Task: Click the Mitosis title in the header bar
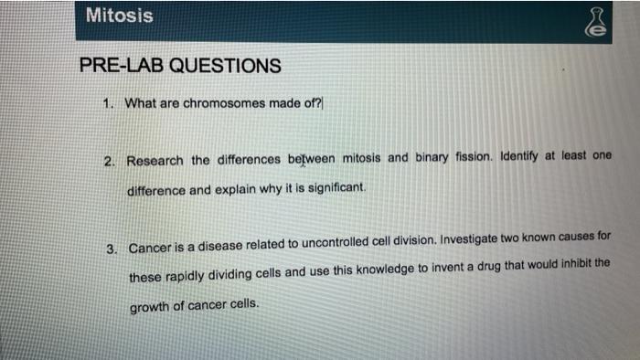click(119, 16)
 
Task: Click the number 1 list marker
click(109, 103)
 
